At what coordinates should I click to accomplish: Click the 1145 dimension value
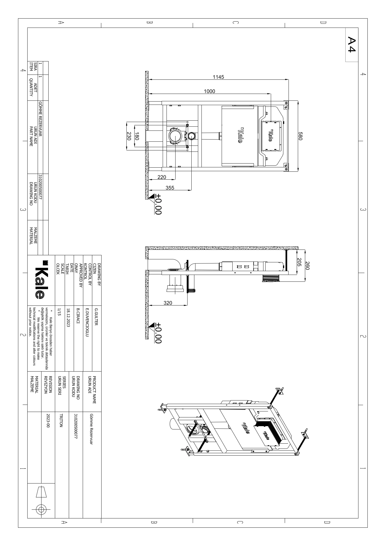[218, 77]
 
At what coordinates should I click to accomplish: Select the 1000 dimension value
[209, 91]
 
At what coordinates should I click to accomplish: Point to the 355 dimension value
[170, 188]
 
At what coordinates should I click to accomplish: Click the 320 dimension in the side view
[168, 302]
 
